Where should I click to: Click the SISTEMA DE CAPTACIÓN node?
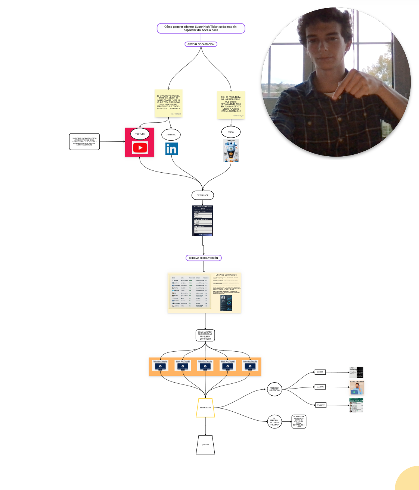click(x=201, y=44)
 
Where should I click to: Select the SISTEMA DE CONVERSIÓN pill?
click(x=204, y=258)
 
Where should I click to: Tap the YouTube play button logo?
click(x=140, y=148)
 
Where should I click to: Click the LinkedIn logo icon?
click(x=171, y=149)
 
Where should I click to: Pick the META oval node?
click(x=231, y=132)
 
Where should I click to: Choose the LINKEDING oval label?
click(x=171, y=135)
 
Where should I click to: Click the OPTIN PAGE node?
click(x=202, y=195)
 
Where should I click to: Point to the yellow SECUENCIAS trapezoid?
click(x=205, y=408)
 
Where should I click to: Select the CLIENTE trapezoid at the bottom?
click(x=205, y=445)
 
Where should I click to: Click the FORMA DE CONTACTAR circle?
click(x=274, y=389)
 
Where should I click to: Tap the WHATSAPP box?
click(x=321, y=405)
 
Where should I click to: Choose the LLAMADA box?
click(x=320, y=387)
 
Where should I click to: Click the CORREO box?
click(x=320, y=372)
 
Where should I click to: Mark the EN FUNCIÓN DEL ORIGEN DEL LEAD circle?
click(x=274, y=421)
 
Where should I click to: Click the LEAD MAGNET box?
click(x=205, y=335)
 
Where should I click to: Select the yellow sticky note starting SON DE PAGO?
click(x=231, y=105)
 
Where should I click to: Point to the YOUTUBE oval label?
click(x=140, y=134)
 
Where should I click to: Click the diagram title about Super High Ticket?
click(x=201, y=28)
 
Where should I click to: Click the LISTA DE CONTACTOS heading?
click(x=226, y=275)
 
